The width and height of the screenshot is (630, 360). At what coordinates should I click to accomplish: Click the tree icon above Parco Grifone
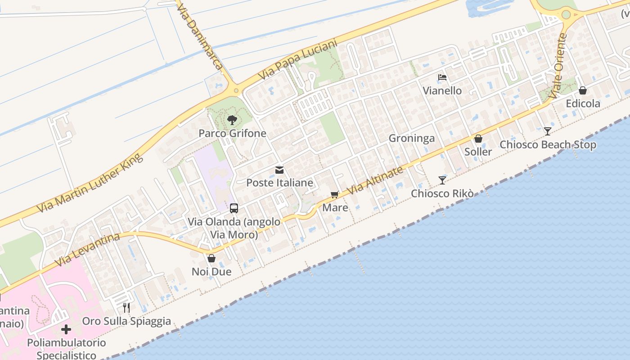click(232, 120)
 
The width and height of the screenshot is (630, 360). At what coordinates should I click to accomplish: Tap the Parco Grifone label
click(232, 134)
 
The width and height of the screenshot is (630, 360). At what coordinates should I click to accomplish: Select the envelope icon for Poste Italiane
click(279, 170)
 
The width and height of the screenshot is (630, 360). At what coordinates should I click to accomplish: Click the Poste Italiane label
click(279, 183)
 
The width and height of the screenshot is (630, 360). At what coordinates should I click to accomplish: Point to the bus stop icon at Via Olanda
click(234, 208)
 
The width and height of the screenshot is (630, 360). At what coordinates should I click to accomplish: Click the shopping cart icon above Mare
click(334, 195)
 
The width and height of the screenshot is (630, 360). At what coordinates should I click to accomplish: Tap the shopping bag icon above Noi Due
click(211, 258)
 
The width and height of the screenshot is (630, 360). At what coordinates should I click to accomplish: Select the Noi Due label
click(211, 272)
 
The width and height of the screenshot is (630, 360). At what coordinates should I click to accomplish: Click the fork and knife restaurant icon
click(126, 308)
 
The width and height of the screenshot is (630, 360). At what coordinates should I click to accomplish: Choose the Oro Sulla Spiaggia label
click(126, 321)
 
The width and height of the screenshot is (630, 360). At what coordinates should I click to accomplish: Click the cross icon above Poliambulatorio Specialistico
click(66, 330)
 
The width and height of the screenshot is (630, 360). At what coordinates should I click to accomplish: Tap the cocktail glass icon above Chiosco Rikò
click(442, 180)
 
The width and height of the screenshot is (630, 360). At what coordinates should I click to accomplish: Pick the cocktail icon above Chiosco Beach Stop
click(547, 131)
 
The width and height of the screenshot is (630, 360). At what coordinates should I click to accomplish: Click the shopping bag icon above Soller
click(478, 139)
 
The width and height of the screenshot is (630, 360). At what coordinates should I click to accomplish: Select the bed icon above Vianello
click(442, 77)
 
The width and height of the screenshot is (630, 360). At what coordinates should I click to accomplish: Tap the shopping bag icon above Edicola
click(583, 91)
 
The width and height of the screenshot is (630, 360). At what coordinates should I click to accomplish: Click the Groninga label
click(412, 138)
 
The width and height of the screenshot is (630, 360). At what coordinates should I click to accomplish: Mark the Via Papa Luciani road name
click(298, 60)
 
